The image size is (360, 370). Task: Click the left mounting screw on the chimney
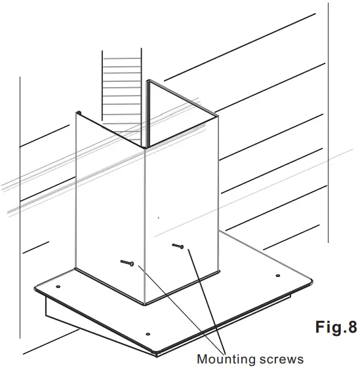(128, 263)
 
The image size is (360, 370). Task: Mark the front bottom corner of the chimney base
(145, 303)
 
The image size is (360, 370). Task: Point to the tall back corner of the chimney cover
(148, 82)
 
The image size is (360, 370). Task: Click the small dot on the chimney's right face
(158, 217)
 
